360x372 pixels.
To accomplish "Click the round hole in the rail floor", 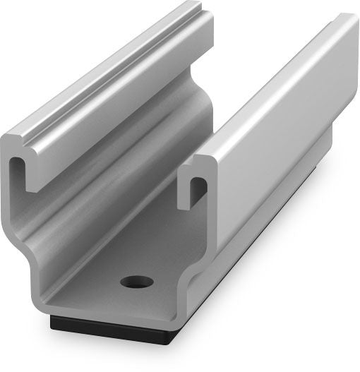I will click(137, 282).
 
